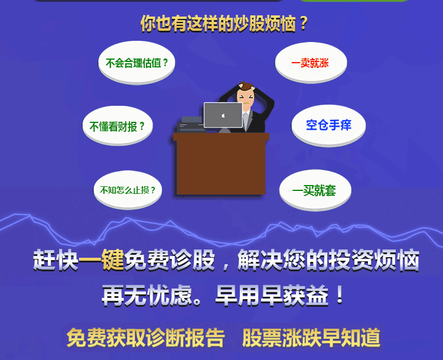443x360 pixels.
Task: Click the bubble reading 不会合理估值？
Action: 136,63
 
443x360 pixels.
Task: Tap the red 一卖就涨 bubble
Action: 311,63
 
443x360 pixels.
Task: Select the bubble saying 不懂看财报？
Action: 118,126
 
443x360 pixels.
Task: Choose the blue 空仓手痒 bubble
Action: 328,125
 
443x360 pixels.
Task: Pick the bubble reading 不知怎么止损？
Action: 128,190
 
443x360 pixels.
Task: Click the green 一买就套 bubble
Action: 315,190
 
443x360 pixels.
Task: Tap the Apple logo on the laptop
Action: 223,115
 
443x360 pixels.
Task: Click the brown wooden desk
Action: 221,164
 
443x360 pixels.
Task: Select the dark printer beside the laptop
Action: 191,125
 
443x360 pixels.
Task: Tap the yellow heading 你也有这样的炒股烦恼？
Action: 224,23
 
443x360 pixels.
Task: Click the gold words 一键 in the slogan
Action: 101,260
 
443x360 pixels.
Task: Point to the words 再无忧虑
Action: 147,296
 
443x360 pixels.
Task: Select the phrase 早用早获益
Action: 272,296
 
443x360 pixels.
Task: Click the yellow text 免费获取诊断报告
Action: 146,338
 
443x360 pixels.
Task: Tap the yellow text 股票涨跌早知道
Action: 311,338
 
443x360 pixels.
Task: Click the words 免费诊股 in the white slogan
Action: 170,260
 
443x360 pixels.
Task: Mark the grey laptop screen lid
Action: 223,115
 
